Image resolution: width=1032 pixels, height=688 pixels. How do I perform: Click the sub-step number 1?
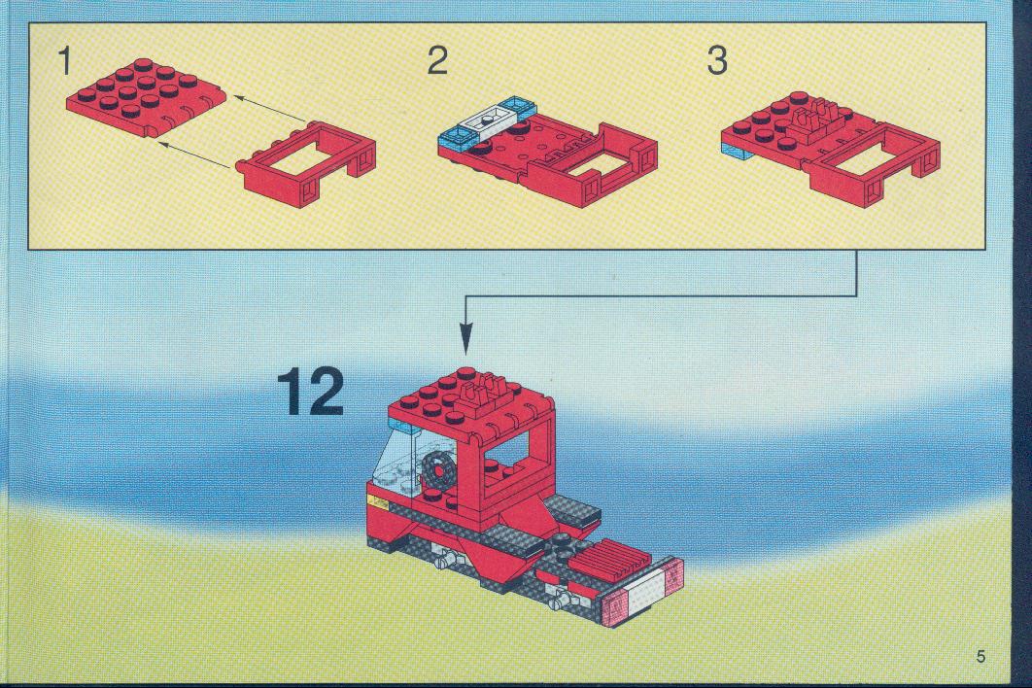click(x=64, y=60)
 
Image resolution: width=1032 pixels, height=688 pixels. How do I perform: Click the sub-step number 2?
click(x=437, y=60)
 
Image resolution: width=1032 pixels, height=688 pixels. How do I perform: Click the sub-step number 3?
click(x=717, y=60)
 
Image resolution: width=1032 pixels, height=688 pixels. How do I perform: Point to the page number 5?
click(x=981, y=656)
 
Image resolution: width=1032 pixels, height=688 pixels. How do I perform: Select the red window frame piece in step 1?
click(x=305, y=163)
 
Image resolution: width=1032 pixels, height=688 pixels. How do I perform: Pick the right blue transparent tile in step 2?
click(x=519, y=105)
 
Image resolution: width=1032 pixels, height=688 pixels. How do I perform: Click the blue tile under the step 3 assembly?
click(x=740, y=152)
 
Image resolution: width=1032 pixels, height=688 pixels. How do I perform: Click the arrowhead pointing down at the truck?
click(x=466, y=340)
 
